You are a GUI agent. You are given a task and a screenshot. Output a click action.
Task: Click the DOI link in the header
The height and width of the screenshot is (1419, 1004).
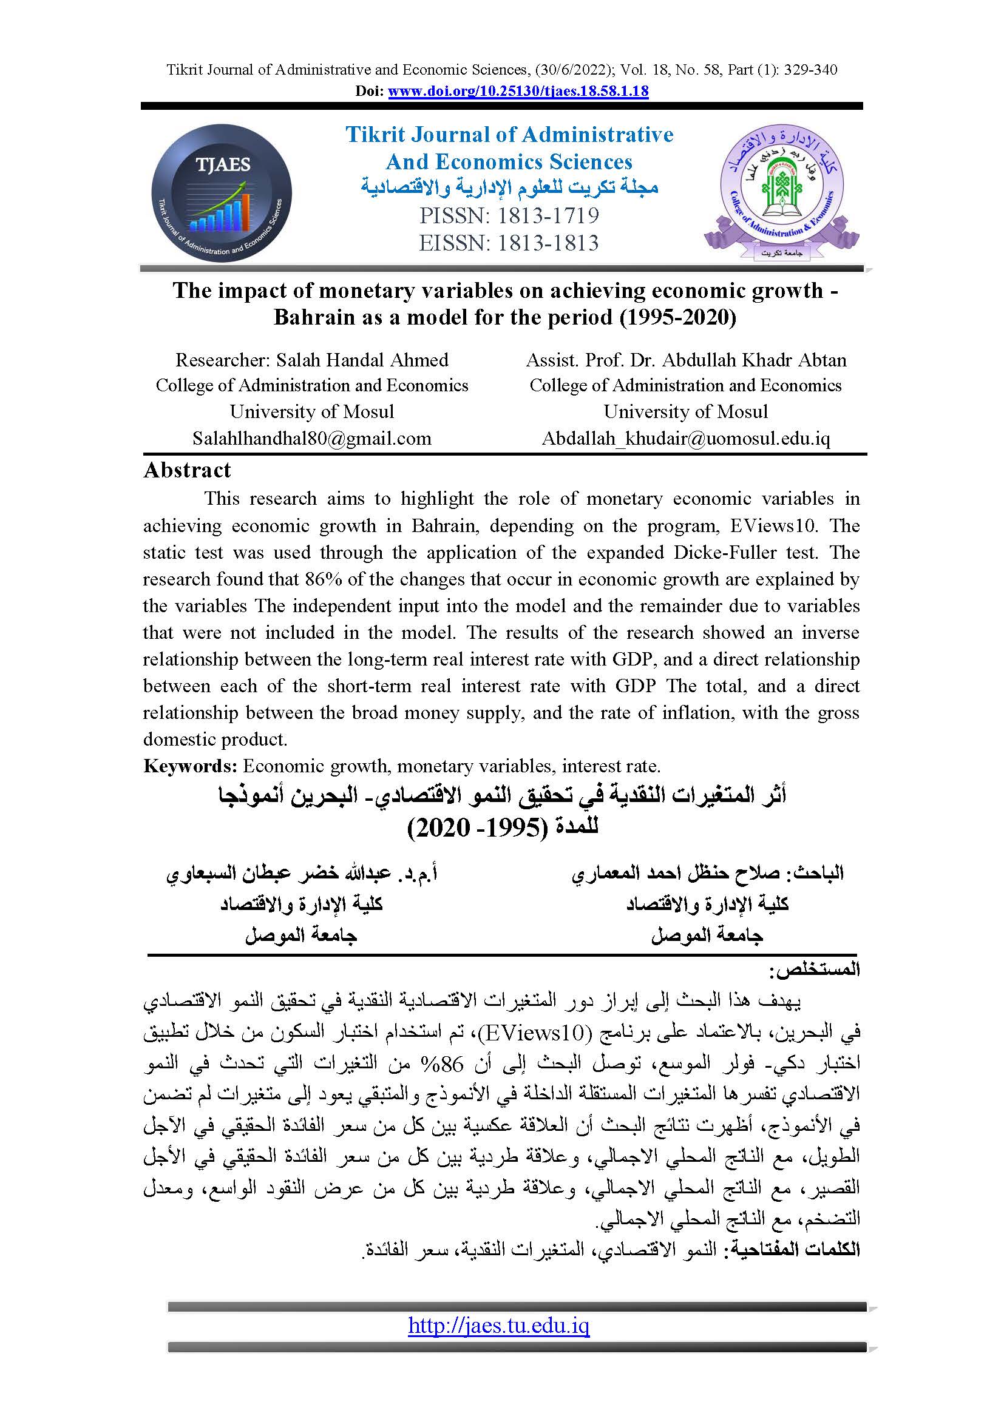[x=517, y=92]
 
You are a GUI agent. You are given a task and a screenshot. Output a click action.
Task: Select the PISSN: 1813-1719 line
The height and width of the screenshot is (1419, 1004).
[x=509, y=216]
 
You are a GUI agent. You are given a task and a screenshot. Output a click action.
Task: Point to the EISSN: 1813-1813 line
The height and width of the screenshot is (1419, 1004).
[x=508, y=243]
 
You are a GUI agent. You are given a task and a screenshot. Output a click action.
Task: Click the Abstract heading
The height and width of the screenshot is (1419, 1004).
[x=187, y=470]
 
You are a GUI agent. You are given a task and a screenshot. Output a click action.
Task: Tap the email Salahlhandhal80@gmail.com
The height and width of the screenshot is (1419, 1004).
[x=311, y=439]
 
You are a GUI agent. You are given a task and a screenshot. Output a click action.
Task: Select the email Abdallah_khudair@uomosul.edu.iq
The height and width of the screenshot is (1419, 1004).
[x=685, y=439]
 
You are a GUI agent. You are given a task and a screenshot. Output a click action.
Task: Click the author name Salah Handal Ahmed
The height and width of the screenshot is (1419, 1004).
[x=362, y=360]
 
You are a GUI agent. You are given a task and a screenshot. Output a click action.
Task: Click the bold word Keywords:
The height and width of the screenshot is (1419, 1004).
[x=191, y=766]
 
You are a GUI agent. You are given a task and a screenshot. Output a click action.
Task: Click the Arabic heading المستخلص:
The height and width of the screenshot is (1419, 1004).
[x=814, y=969]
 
